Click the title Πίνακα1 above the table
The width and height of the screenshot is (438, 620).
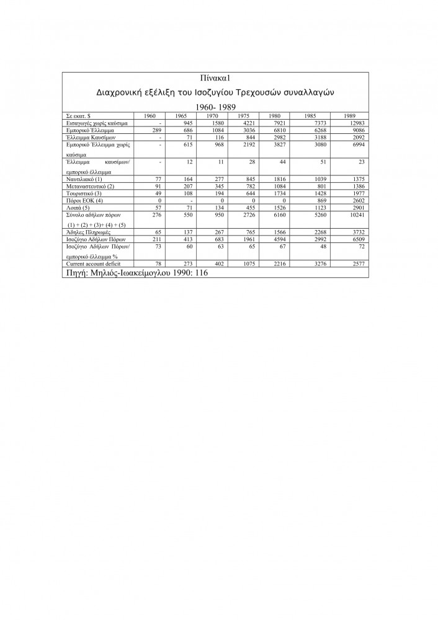point(215,79)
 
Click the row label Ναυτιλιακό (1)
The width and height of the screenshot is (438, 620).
point(84,179)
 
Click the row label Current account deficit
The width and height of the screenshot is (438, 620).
point(92,264)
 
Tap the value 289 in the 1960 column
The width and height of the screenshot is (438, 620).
point(156,131)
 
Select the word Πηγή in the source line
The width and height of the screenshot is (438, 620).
point(76,272)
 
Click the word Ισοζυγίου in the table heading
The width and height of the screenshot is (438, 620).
point(205,92)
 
